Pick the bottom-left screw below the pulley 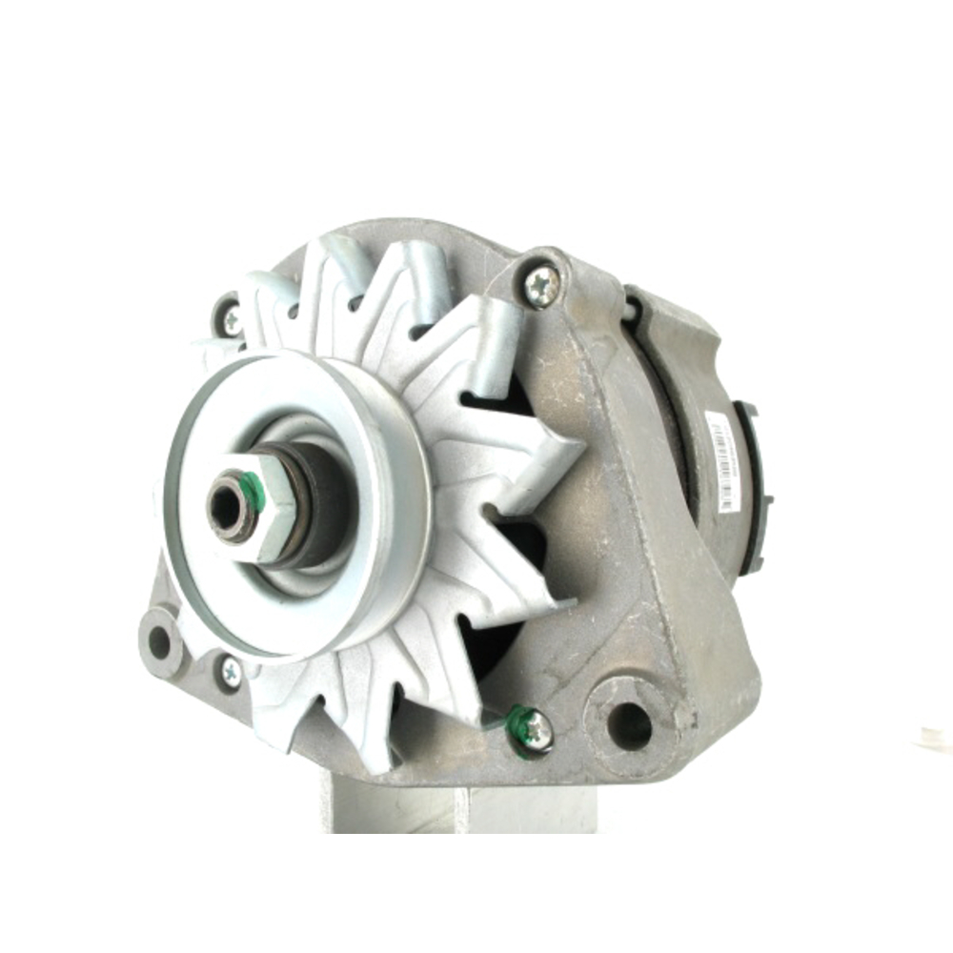point(231,672)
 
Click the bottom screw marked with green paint point(537,729)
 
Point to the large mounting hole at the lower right point(629,727)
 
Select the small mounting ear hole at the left point(160,644)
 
